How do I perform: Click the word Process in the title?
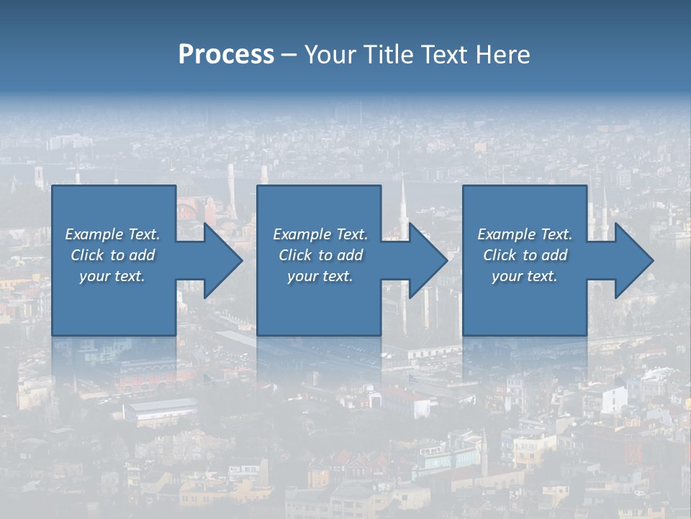tap(226, 55)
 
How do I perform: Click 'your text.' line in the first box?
tap(112, 276)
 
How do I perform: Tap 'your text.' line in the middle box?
tap(320, 276)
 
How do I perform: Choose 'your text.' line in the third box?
tap(525, 276)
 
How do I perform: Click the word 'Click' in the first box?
tap(87, 255)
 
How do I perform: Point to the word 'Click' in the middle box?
tap(295, 255)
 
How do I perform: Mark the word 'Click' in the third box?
tap(500, 255)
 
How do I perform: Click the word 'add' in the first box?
tap(143, 255)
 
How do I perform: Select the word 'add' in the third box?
tap(555, 255)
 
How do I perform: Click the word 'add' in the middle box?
tap(351, 255)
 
